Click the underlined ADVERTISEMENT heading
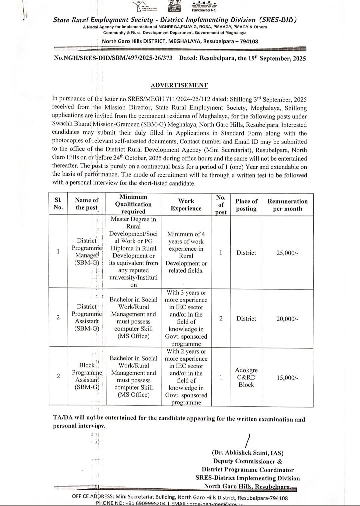[179, 85]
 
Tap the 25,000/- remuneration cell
[287, 253]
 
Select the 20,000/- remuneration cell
[287, 319]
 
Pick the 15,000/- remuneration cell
[287, 378]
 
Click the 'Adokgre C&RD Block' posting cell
[246, 377]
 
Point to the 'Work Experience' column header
[186, 204]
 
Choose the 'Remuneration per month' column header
[287, 205]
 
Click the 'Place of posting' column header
[246, 205]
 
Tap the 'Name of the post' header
[87, 203]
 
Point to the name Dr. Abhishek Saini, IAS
[247, 453]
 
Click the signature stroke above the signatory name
[247, 440]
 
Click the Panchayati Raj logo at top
[204, 5]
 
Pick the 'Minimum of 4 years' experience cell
[186, 252]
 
